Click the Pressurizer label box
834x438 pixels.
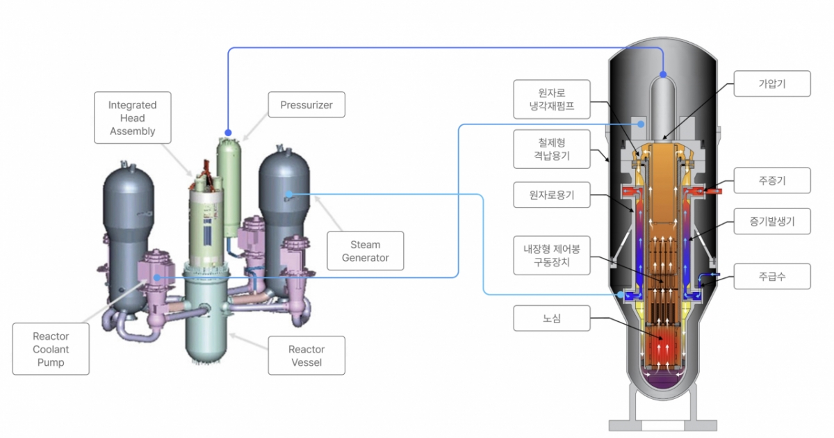click(x=306, y=106)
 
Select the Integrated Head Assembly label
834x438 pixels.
click(x=132, y=118)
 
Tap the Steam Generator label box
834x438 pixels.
click(x=365, y=251)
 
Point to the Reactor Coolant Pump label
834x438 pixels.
click(x=51, y=349)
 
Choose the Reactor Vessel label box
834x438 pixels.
click(x=306, y=355)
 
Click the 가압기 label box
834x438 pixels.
click(x=772, y=86)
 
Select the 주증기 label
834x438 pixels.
click(x=772, y=181)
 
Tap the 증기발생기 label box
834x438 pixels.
click(x=772, y=223)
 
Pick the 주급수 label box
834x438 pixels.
click(x=772, y=276)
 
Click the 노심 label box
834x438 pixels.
click(x=552, y=318)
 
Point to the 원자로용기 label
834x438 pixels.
click(x=552, y=195)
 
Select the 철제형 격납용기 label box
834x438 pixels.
click(x=552, y=149)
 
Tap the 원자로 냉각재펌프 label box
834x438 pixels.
click(x=552, y=99)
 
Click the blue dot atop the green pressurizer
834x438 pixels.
click(x=227, y=131)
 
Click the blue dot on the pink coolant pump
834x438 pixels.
click(x=157, y=277)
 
